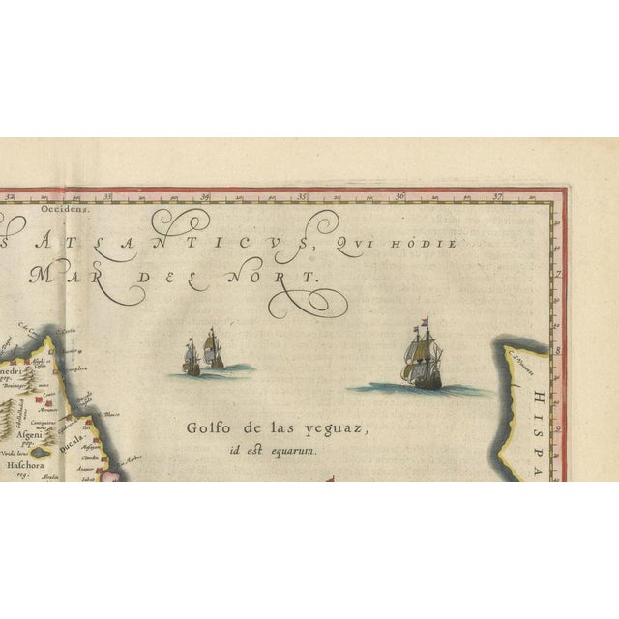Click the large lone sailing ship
click(x=423, y=360)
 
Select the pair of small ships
click(x=202, y=354)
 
